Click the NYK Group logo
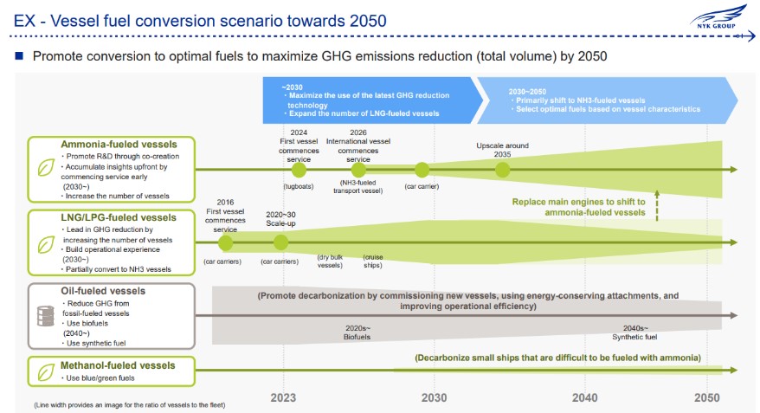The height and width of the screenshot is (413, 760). click(x=718, y=17)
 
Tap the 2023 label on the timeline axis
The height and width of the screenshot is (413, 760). click(x=283, y=397)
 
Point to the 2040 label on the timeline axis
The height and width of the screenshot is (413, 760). click(x=584, y=397)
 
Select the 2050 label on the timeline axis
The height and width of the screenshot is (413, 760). click(x=706, y=397)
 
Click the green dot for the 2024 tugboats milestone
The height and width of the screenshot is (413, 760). click(x=299, y=170)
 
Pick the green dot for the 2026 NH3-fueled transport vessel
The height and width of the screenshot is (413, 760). click(x=358, y=170)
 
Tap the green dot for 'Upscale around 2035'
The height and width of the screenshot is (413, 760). click(x=503, y=170)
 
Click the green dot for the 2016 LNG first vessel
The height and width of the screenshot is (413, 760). click(x=225, y=242)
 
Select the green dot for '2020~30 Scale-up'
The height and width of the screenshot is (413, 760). click(x=280, y=242)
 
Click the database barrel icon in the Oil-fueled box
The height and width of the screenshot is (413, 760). click(x=46, y=316)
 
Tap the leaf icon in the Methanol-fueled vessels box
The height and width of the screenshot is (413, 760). click(x=46, y=372)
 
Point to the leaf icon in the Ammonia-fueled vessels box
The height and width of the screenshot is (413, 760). click(x=46, y=168)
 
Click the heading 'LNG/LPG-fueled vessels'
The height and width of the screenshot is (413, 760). click(x=119, y=217)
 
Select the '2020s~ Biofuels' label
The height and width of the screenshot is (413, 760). click(x=357, y=332)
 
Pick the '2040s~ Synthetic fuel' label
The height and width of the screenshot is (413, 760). click(x=634, y=332)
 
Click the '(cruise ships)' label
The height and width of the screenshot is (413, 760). click(x=373, y=261)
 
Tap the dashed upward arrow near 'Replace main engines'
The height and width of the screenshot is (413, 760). click(x=657, y=205)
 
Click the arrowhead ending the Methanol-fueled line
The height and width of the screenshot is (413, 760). click(x=733, y=370)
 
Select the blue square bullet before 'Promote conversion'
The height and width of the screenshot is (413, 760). click(x=19, y=55)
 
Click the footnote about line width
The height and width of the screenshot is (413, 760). click(x=130, y=404)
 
